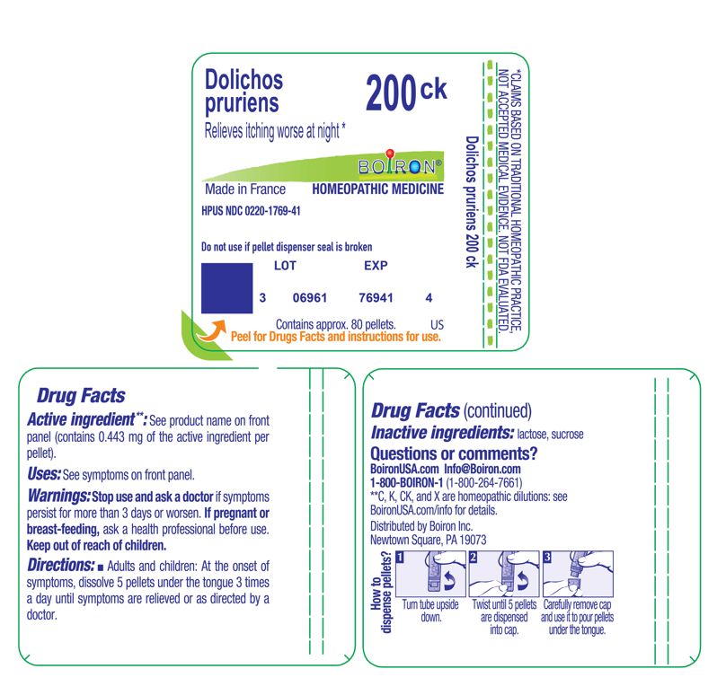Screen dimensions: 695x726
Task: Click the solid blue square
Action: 226,288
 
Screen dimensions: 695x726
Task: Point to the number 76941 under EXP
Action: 375,297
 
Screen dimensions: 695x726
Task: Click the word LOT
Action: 284,266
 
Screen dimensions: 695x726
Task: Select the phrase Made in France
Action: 245,189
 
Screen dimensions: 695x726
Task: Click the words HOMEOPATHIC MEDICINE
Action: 377,189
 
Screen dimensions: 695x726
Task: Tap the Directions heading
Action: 61,565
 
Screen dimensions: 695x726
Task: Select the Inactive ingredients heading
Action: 442,433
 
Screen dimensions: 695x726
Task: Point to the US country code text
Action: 438,323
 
